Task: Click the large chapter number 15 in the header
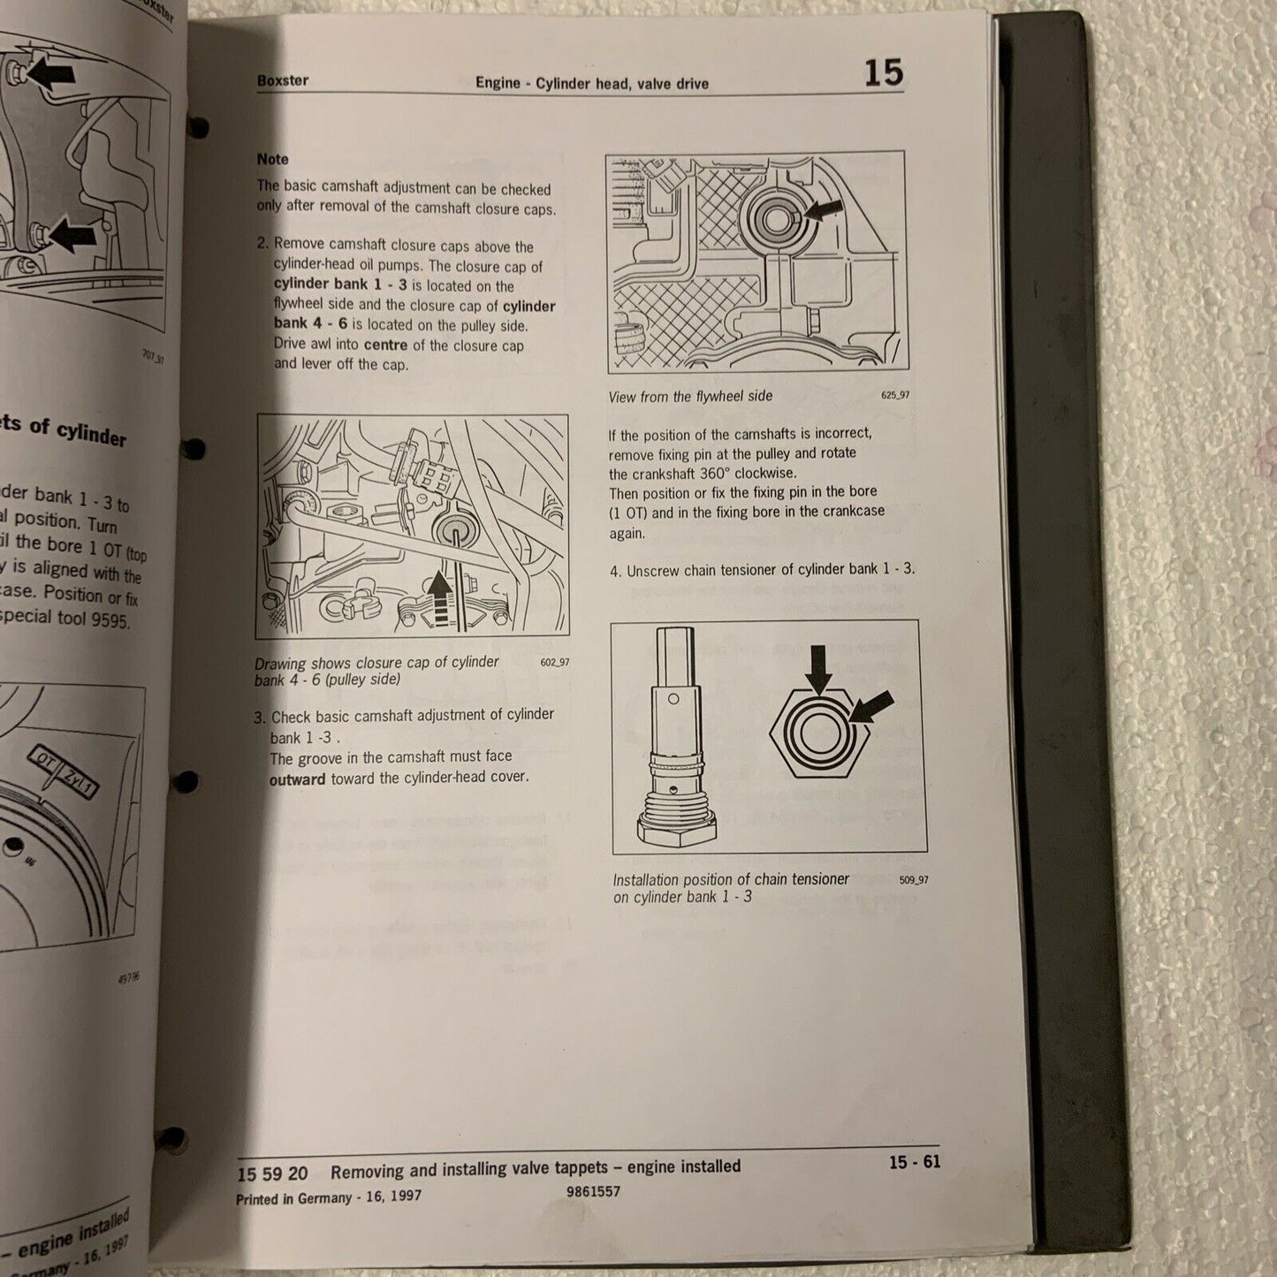tap(883, 72)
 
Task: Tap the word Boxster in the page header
tap(283, 80)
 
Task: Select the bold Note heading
tap(272, 159)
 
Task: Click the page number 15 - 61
tap(915, 1162)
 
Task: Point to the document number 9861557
tap(593, 1191)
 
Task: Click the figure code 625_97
tap(894, 395)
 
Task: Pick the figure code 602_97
tap(555, 662)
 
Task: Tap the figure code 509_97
tap(914, 879)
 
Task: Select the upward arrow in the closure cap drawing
tap(439, 597)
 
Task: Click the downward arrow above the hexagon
tap(819, 669)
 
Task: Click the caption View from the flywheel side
tap(690, 397)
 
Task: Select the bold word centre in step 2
tap(385, 345)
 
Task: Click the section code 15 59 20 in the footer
tap(272, 1174)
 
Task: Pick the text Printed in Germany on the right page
tap(293, 1198)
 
